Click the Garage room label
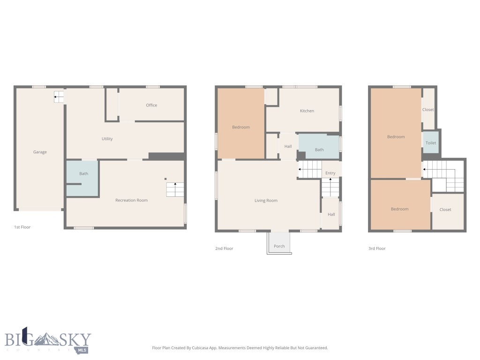point(40,152)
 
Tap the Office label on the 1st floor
point(151,105)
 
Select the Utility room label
point(107,139)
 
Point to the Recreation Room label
point(132,200)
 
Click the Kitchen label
point(307,111)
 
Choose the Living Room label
point(266,201)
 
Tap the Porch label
point(279,246)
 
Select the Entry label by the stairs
point(330,173)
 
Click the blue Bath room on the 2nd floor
point(319,148)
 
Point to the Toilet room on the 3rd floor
point(431,142)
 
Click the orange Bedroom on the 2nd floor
point(241,127)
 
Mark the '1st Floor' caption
point(22,227)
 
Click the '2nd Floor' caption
point(224,248)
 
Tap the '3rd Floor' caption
point(377,248)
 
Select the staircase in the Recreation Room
point(175,189)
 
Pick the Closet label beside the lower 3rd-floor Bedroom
point(445,210)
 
